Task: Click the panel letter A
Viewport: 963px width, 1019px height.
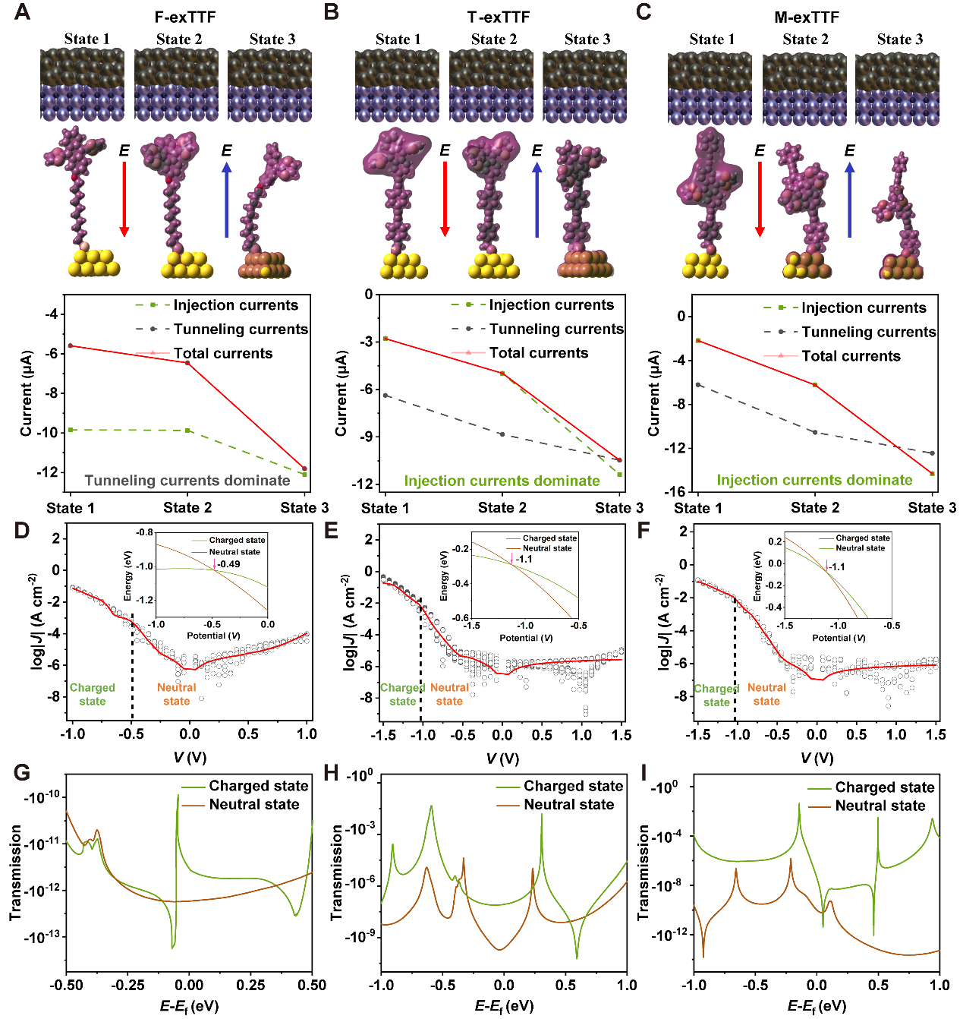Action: [22, 13]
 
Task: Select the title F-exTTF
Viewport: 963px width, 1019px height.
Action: [185, 17]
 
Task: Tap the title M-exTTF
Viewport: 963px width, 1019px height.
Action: [806, 17]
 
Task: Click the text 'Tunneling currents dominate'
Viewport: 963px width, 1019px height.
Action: [187, 481]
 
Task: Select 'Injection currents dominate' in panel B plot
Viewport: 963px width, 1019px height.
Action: [502, 481]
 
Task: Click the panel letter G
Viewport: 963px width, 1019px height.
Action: [22, 773]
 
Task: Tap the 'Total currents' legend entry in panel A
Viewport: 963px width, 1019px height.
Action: [222, 353]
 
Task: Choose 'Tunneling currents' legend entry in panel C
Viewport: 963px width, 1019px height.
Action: [868, 332]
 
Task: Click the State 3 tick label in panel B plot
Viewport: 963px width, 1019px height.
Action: [618, 508]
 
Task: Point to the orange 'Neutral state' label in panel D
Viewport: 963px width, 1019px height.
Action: [176, 694]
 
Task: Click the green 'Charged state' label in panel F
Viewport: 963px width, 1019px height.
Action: [716, 695]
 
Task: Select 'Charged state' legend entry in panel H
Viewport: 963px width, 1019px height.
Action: [573, 786]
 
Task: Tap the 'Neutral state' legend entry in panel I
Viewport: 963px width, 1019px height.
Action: [880, 806]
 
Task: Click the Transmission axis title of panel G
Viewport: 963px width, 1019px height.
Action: [16, 872]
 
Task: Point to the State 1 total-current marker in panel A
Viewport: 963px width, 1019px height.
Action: [71, 345]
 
